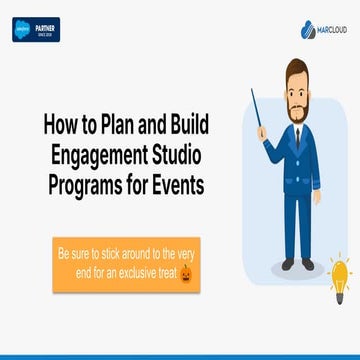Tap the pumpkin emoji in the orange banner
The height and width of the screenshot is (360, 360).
(x=185, y=273)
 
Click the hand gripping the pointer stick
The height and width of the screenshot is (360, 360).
(x=262, y=131)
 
